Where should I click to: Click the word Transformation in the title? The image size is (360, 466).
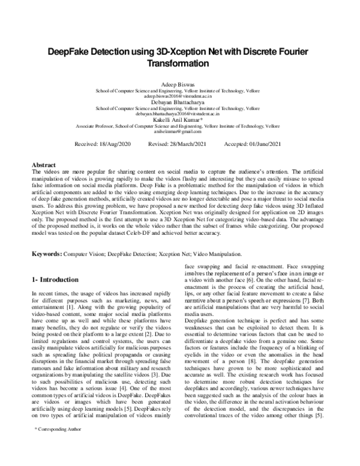tap(179, 63)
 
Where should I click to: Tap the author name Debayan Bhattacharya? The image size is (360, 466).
tap(179, 101)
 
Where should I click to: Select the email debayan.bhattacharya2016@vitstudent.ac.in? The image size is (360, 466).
tap(179, 113)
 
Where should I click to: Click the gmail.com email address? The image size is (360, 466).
tap(179, 130)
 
